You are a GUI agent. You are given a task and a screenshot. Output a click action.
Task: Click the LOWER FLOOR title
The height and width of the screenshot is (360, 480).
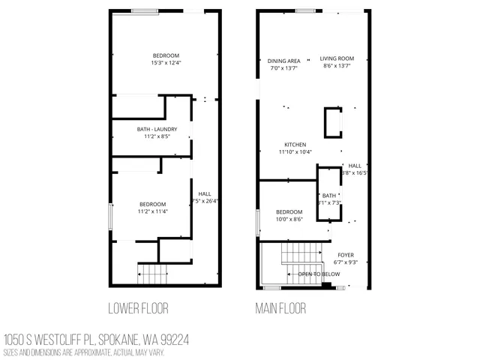(138, 307)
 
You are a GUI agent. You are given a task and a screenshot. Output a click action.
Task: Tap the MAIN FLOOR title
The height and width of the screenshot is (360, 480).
(280, 307)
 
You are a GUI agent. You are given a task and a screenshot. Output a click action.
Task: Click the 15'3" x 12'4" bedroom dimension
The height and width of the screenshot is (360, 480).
(166, 63)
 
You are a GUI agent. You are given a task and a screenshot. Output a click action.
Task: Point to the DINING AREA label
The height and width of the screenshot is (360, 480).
(284, 61)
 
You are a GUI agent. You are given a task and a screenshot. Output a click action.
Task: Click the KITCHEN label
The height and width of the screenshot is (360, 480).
(295, 145)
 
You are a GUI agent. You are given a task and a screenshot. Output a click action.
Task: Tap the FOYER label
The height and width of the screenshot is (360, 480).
(345, 254)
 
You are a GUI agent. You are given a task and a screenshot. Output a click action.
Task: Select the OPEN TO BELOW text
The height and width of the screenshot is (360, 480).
(319, 274)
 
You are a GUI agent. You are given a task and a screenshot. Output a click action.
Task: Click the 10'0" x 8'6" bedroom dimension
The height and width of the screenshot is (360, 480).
(289, 219)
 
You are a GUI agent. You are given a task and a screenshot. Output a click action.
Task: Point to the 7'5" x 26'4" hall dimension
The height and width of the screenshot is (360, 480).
(204, 201)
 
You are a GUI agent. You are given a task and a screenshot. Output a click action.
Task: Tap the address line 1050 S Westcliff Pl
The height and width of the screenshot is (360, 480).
(96, 340)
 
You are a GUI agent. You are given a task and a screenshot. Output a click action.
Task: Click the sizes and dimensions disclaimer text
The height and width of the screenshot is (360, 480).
(83, 352)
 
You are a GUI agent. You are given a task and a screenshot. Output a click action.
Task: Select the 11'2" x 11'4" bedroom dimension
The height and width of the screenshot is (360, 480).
(152, 211)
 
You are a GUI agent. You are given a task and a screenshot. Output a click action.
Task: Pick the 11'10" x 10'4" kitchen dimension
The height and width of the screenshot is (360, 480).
(295, 152)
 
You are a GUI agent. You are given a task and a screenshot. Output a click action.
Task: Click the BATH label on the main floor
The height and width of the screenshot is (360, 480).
(329, 196)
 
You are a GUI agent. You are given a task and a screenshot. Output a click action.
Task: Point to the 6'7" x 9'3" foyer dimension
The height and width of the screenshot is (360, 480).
(345, 262)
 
